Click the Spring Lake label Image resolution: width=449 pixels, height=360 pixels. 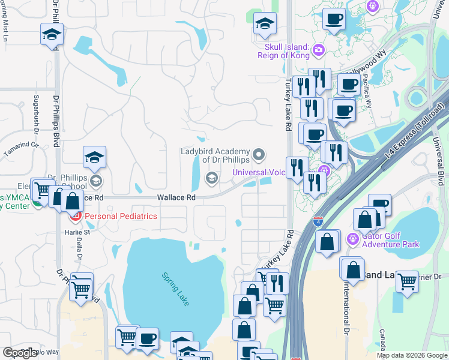175,289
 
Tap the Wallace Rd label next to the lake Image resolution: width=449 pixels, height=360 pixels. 176,197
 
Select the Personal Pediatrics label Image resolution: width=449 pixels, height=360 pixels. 121,216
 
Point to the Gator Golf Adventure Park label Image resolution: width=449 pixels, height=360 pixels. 390,240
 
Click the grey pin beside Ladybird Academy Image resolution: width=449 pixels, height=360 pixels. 259,155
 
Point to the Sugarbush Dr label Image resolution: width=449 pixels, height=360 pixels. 37,114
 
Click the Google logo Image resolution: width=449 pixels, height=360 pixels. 20,353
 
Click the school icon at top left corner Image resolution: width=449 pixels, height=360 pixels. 52,34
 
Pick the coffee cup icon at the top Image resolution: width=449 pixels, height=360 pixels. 334,18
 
